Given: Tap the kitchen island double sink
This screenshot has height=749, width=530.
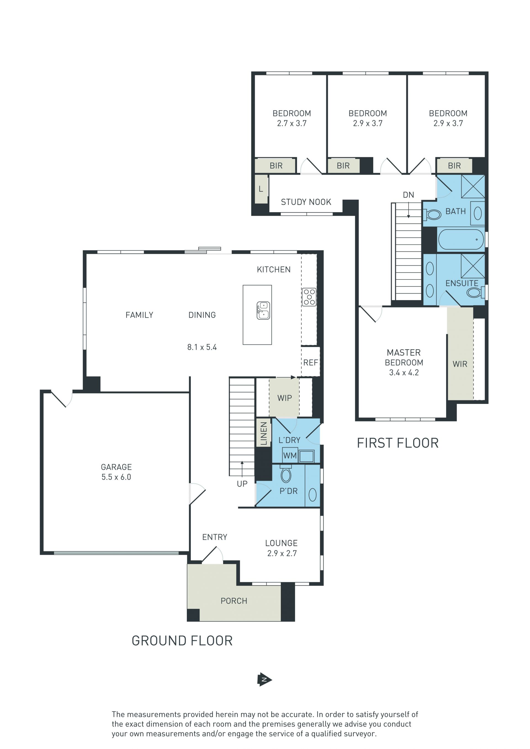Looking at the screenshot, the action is click(x=263, y=310).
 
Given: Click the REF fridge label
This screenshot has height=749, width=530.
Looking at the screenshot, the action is click(x=310, y=362).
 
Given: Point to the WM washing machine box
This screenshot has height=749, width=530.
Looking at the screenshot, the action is click(x=290, y=455).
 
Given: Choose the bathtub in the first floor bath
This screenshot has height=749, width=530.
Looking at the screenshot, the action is click(x=461, y=239).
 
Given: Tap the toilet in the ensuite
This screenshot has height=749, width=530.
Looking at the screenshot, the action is click(x=476, y=292).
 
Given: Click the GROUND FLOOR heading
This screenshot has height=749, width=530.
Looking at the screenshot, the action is click(x=182, y=641).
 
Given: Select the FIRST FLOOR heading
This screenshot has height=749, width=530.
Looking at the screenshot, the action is click(x=397, y=443).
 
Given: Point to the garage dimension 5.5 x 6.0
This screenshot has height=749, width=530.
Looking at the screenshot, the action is click(x=116, y=477).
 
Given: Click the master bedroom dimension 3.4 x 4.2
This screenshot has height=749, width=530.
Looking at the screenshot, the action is click(x=404, y=372).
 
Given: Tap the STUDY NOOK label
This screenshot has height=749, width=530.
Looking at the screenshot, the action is click(x=306, y=202).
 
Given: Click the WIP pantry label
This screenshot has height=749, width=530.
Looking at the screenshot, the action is click(x=284, y=398).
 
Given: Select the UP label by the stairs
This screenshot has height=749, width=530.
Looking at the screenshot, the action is click(x=242, y=484).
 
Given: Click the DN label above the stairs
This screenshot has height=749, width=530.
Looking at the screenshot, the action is click(x=408, y=195).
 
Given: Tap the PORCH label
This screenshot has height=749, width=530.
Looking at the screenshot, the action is click(x=234, y=601).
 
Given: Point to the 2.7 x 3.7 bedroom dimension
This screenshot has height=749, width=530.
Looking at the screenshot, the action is click(x=292, y=123).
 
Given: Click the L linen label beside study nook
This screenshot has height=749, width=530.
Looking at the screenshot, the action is click(x=261, y=189).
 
